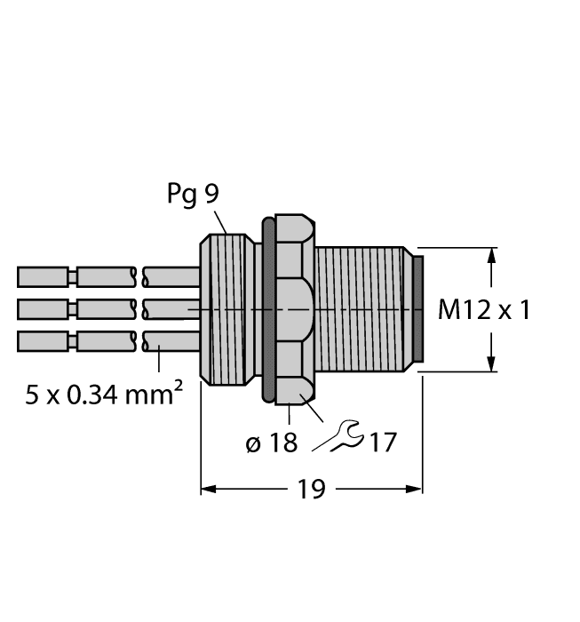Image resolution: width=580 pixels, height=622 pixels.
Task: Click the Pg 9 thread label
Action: click(x=192, y=194)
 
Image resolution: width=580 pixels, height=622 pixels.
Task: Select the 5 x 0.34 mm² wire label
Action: click(x=104, y=394)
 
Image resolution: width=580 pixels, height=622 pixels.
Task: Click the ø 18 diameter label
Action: click(x=271, y=442)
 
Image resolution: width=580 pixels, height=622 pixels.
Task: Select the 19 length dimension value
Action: click(x=312, y=489)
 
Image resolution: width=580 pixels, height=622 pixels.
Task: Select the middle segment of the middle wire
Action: click(x=107, y=309)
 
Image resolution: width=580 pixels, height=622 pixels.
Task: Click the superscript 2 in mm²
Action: click(x=179, y=384)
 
